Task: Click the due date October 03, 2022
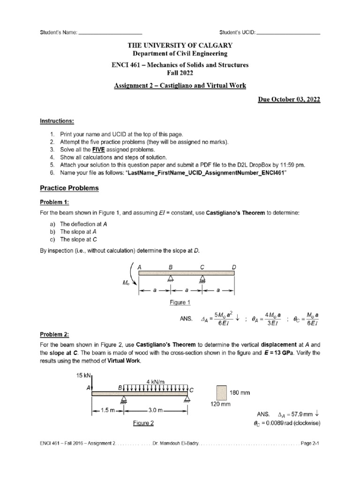(290, 101)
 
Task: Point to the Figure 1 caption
(180, 302)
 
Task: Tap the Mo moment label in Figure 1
(125, 283)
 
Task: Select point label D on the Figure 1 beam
(234, 267)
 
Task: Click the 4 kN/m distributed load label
(155, 382)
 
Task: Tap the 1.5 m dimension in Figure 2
(106, 410)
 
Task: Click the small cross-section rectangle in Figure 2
(222, 392)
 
